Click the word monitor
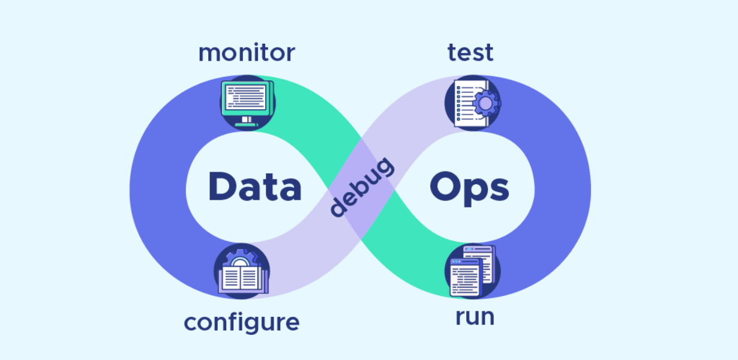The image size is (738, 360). pos(247,53)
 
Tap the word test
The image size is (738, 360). pos(470,53)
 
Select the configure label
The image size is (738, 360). pos(241,322)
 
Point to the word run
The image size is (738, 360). pos(475,317)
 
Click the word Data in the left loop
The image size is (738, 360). pos(254,187)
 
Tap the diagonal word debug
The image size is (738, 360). pos(362,187)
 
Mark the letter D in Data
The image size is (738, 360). pos(221,187)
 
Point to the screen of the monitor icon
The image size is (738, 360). pos(245,97)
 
